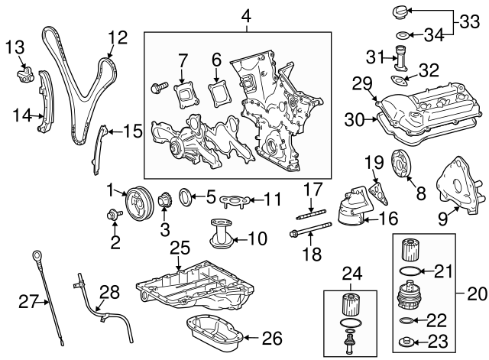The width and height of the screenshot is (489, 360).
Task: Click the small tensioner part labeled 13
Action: pyautogui.click(x=24, y=74)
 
